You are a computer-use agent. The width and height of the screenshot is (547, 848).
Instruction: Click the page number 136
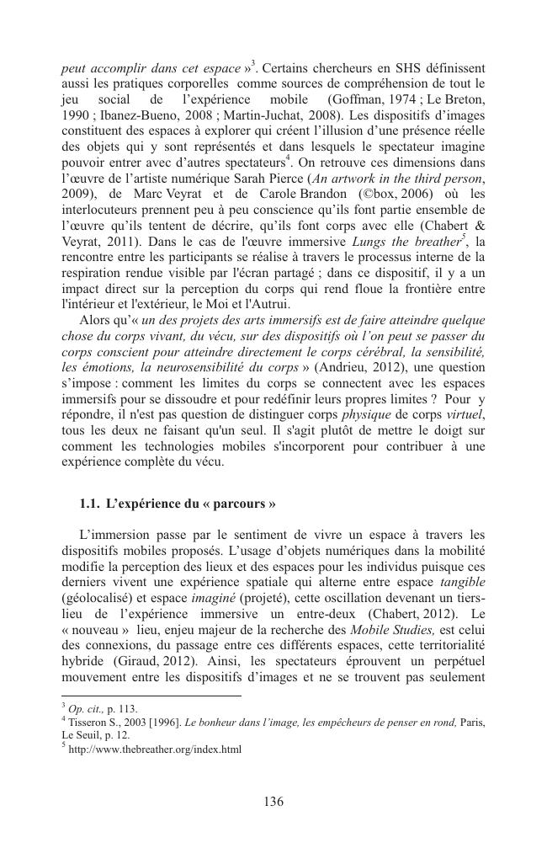pos(273,801)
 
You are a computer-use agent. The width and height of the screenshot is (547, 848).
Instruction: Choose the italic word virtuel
pos(467,416)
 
